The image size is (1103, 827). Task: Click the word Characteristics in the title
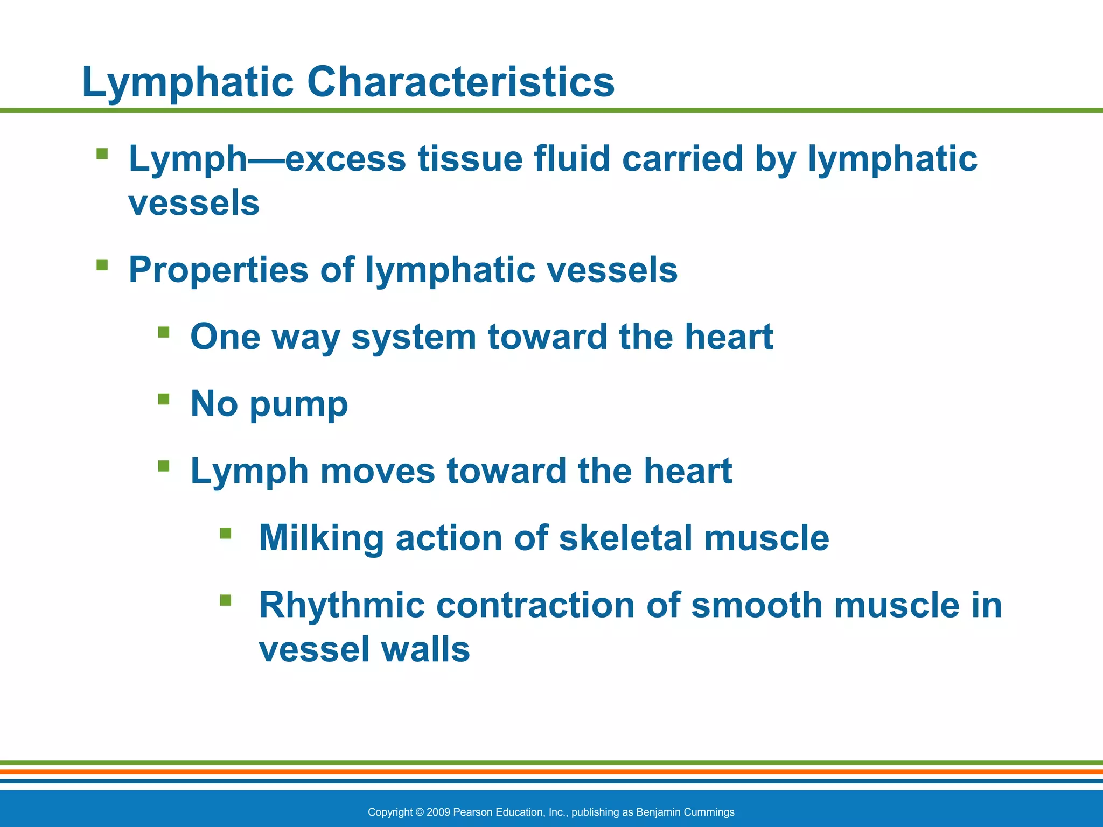point(460,82)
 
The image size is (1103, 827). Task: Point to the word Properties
point(218,270)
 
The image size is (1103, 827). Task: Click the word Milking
point(321,538)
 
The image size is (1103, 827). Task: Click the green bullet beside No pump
point(164,399)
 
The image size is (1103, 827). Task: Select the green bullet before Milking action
point(226,533)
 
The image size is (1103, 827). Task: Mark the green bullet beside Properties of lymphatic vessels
point(102,264)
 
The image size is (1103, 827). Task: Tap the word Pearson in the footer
point(471,812)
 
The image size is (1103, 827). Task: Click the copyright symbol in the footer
point(420,812)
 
